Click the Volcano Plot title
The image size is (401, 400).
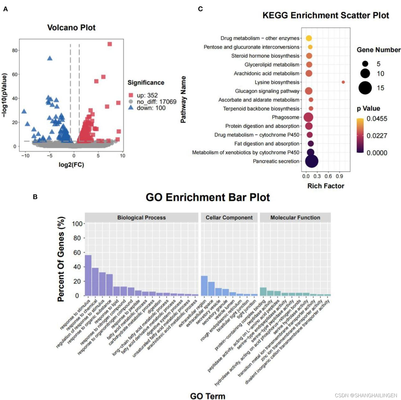tap(71, 28)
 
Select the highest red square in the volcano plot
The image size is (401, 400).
tap(110, 44)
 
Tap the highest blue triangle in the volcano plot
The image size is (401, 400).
tap(49, 58)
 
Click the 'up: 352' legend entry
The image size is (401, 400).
tap(147, 95)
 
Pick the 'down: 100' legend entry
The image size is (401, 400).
tap(151, 108)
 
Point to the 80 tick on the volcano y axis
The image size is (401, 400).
tap(15, 50)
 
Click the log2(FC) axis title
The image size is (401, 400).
tap(71, 165)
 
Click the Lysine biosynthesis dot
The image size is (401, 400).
tap(343, 82)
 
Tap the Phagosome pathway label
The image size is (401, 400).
tap(285, 117)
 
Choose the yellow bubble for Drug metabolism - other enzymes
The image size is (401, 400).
tap(309, 38)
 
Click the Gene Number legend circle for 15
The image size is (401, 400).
tap(365, 88)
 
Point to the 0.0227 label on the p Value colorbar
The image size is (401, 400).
tap(377, 136)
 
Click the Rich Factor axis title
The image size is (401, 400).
tap(326, 186)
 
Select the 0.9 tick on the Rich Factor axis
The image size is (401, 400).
tap(339, 176)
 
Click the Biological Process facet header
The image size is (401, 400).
tap(141, 218)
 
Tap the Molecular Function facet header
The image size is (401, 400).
tap(295, 218)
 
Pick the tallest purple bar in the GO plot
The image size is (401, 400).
tap(88, 275)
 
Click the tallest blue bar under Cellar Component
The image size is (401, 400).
tap(204, 286)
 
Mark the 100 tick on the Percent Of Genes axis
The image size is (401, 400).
tap(77, 224)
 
